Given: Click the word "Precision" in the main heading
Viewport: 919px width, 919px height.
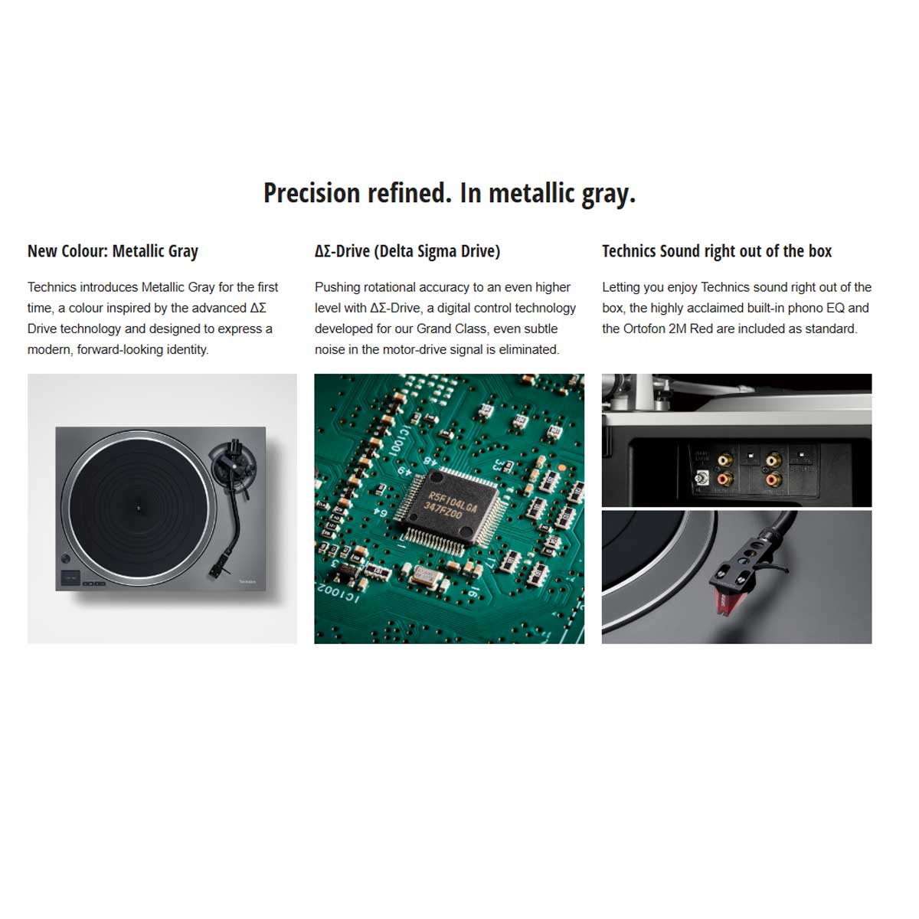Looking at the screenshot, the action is (x=312, y=193).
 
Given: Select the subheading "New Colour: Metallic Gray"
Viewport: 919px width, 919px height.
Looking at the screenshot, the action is (x=113, y=251).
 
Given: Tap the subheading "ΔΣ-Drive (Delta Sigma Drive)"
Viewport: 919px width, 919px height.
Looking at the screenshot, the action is (x=407, y=251).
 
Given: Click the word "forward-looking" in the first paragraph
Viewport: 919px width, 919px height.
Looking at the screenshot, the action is (x=119, y=349).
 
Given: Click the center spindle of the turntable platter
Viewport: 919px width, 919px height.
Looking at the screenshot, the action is (x=139, y=509).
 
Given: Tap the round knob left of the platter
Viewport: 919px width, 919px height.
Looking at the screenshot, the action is (x=66, y=558).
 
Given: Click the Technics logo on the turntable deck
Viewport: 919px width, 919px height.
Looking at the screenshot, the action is (x=247, y=581).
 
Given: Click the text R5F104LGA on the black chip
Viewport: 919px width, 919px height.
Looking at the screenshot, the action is (x=452, y=501).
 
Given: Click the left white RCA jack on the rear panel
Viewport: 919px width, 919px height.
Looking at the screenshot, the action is (x=725, y=461).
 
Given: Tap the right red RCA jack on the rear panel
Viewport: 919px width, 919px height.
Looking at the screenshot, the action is (x=773, y=479).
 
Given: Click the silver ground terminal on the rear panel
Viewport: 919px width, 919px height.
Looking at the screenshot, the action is (x=702, y=477).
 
